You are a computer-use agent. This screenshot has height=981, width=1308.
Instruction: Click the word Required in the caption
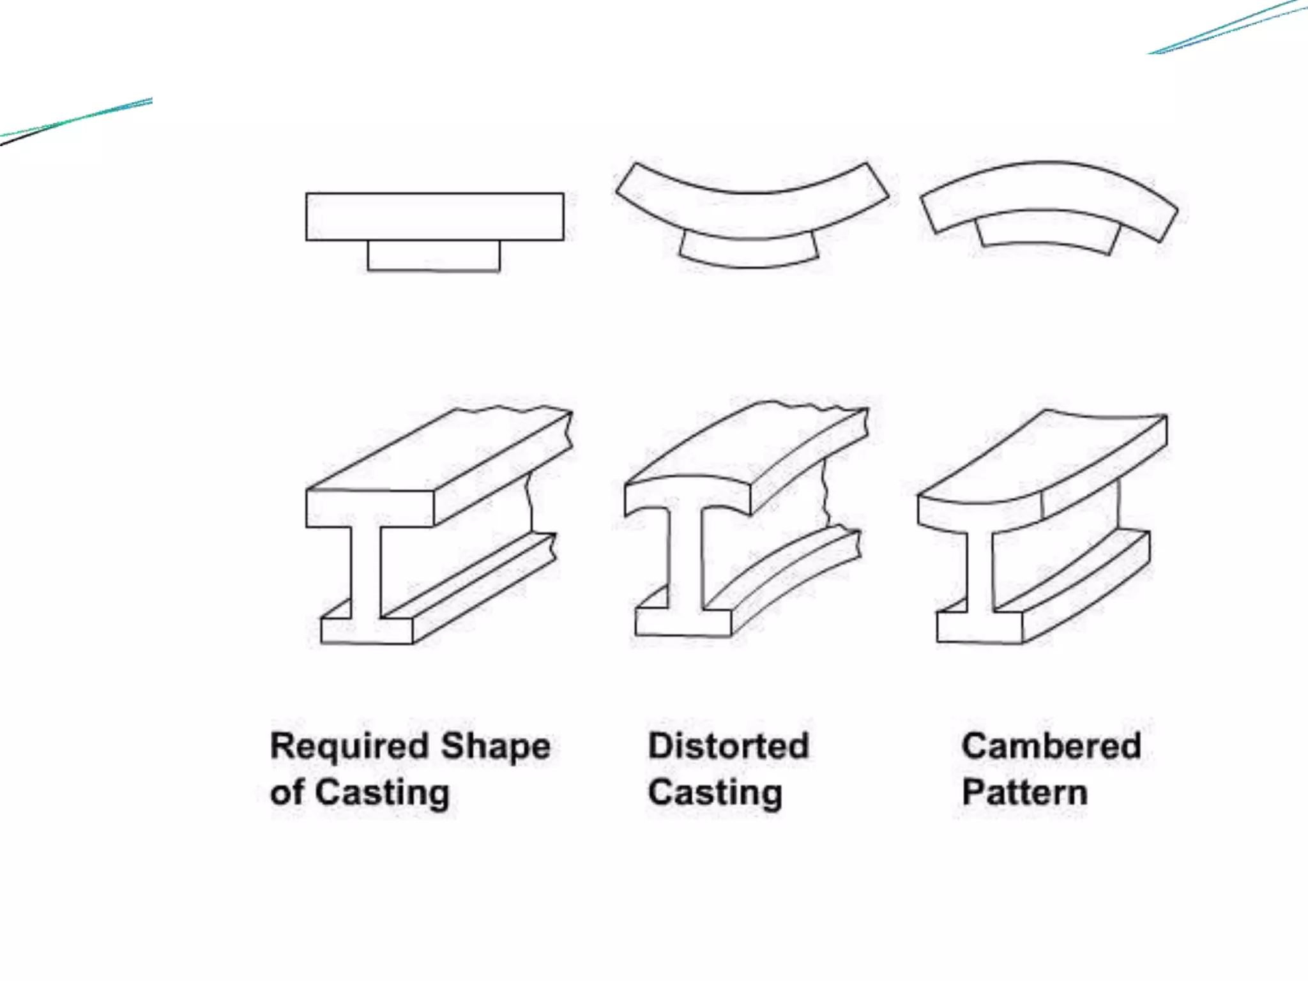tap(349, 746)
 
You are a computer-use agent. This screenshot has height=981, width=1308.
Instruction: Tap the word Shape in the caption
tap(496, 746)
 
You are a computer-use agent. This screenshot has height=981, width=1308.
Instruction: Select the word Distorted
tap(728, 745)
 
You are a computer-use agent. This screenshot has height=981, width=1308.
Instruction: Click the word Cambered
tap(1051, 745)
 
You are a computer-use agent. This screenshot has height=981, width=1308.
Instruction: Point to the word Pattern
tap(1024, 792)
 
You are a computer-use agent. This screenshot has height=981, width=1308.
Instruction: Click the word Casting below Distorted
tap(715, 793)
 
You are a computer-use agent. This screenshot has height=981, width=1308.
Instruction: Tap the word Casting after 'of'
tap(382, 793)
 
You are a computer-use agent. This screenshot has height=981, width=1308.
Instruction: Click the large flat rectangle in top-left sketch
tap(434, 217)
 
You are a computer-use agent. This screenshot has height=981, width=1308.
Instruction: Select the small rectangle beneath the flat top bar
tap(434, 255)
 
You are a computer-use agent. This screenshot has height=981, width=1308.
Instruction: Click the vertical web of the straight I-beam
tap(366, 572)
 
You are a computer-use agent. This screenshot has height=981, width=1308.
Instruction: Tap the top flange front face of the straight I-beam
tap(369, 508)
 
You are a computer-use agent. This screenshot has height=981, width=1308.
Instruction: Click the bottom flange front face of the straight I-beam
tap(367, 631)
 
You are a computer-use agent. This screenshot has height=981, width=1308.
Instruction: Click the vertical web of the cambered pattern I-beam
tap(979, 572)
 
